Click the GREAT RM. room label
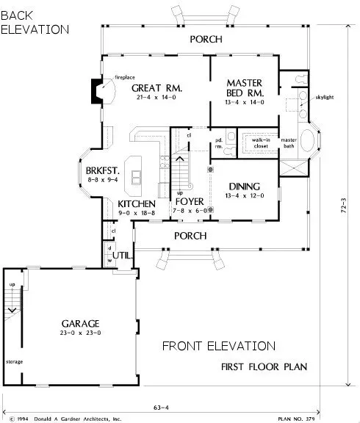(156, 89)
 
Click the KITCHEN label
(137, 203)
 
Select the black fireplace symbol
(95, 90)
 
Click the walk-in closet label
(261, 142)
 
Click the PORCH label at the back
(205, 39)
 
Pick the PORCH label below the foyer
(188, 236)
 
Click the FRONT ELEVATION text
(219, 346)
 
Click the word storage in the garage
(15, 361)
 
